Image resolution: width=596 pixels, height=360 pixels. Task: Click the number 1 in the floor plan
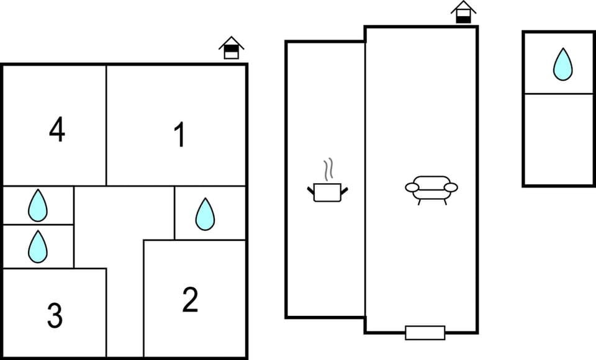pyautogui.click(x=179, y=134)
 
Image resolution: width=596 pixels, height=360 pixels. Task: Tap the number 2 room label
pyautogui.click(x=190, y=300)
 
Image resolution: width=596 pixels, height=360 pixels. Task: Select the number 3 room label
pyautogui.click(x=55, y=315)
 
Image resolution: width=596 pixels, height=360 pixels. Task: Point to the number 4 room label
pyautogui.click(x=57, y=129)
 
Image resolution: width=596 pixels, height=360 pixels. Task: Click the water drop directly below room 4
pyautogui.click(x=38, y=205)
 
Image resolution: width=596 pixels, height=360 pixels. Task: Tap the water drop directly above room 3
pyautogui.click(x=38, y=246)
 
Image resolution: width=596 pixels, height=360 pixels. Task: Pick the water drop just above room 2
pyautogui.click(x=205, y=214)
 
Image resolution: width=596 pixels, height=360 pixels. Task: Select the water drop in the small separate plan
pyautogui.click(x=563, y=65)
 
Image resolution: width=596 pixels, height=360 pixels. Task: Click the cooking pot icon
pyautogui.click(x=328, y=192)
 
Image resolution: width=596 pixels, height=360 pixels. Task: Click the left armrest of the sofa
pyautogui.click(x=412, y=187)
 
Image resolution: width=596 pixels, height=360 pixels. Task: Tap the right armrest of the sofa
pyautogui.click(x=451, y=187)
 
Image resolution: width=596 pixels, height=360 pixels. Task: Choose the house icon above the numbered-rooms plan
pyautogui.click(x=232, y=48)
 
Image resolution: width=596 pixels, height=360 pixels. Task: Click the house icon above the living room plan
pyautogui.click(x=463, y=12)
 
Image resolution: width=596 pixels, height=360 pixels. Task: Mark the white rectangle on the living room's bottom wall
pyautogui.click(x=425, y=333)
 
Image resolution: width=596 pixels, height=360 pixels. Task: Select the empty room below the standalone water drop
pyautogui.click(x=558, y=139)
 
